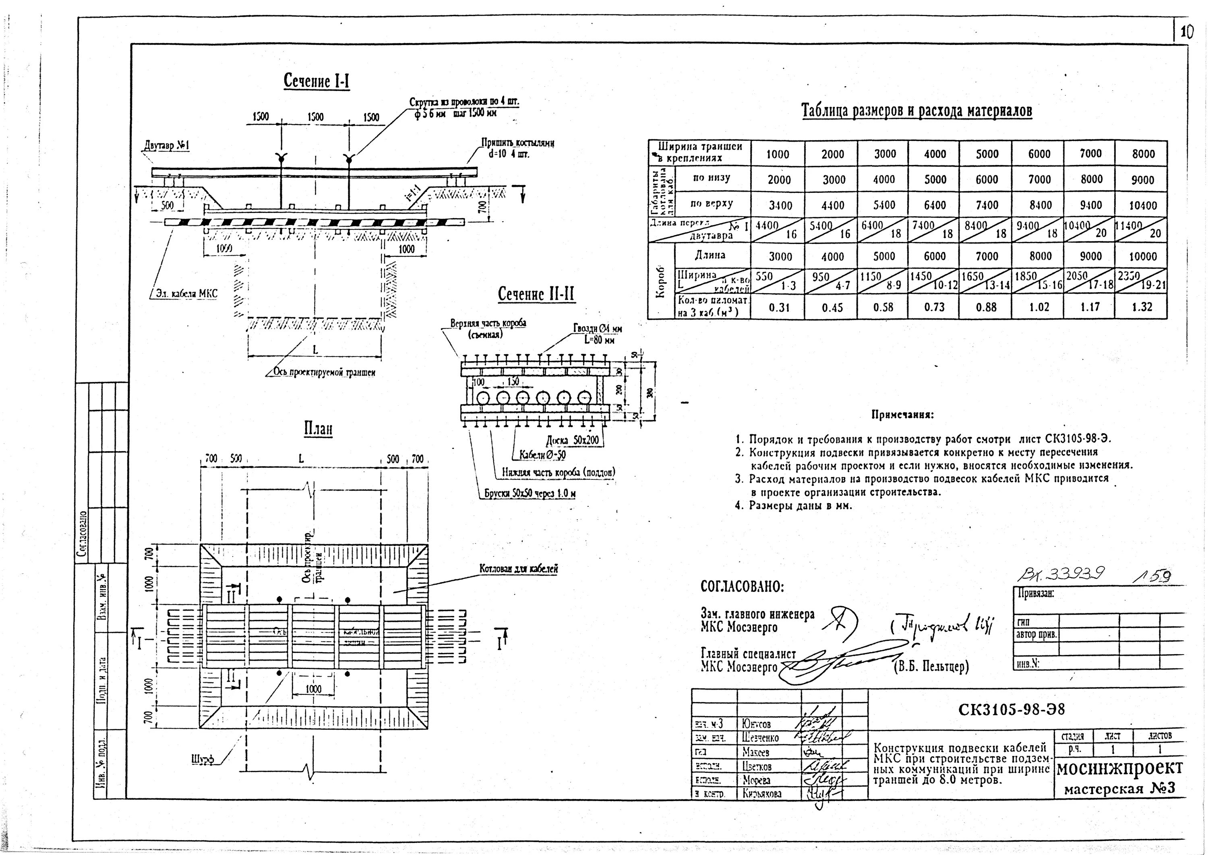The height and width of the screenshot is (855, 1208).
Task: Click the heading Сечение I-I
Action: (x=317, y=82)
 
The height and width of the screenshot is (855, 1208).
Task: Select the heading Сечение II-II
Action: (x=536, y=295)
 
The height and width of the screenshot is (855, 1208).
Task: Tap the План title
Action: (x=318, y=429)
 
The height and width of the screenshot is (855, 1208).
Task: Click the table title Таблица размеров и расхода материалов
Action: (x=916, y=111)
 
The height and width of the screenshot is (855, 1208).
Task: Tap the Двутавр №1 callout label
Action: (x=166, y=145)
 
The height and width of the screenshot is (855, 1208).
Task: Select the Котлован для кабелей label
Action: (x=518, y=569)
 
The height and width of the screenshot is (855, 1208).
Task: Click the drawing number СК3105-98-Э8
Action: (x=1011, y=710)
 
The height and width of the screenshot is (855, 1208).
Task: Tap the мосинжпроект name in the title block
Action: (x=1119, y=768)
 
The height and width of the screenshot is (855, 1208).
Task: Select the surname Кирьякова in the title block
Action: (x=762, y=794)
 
